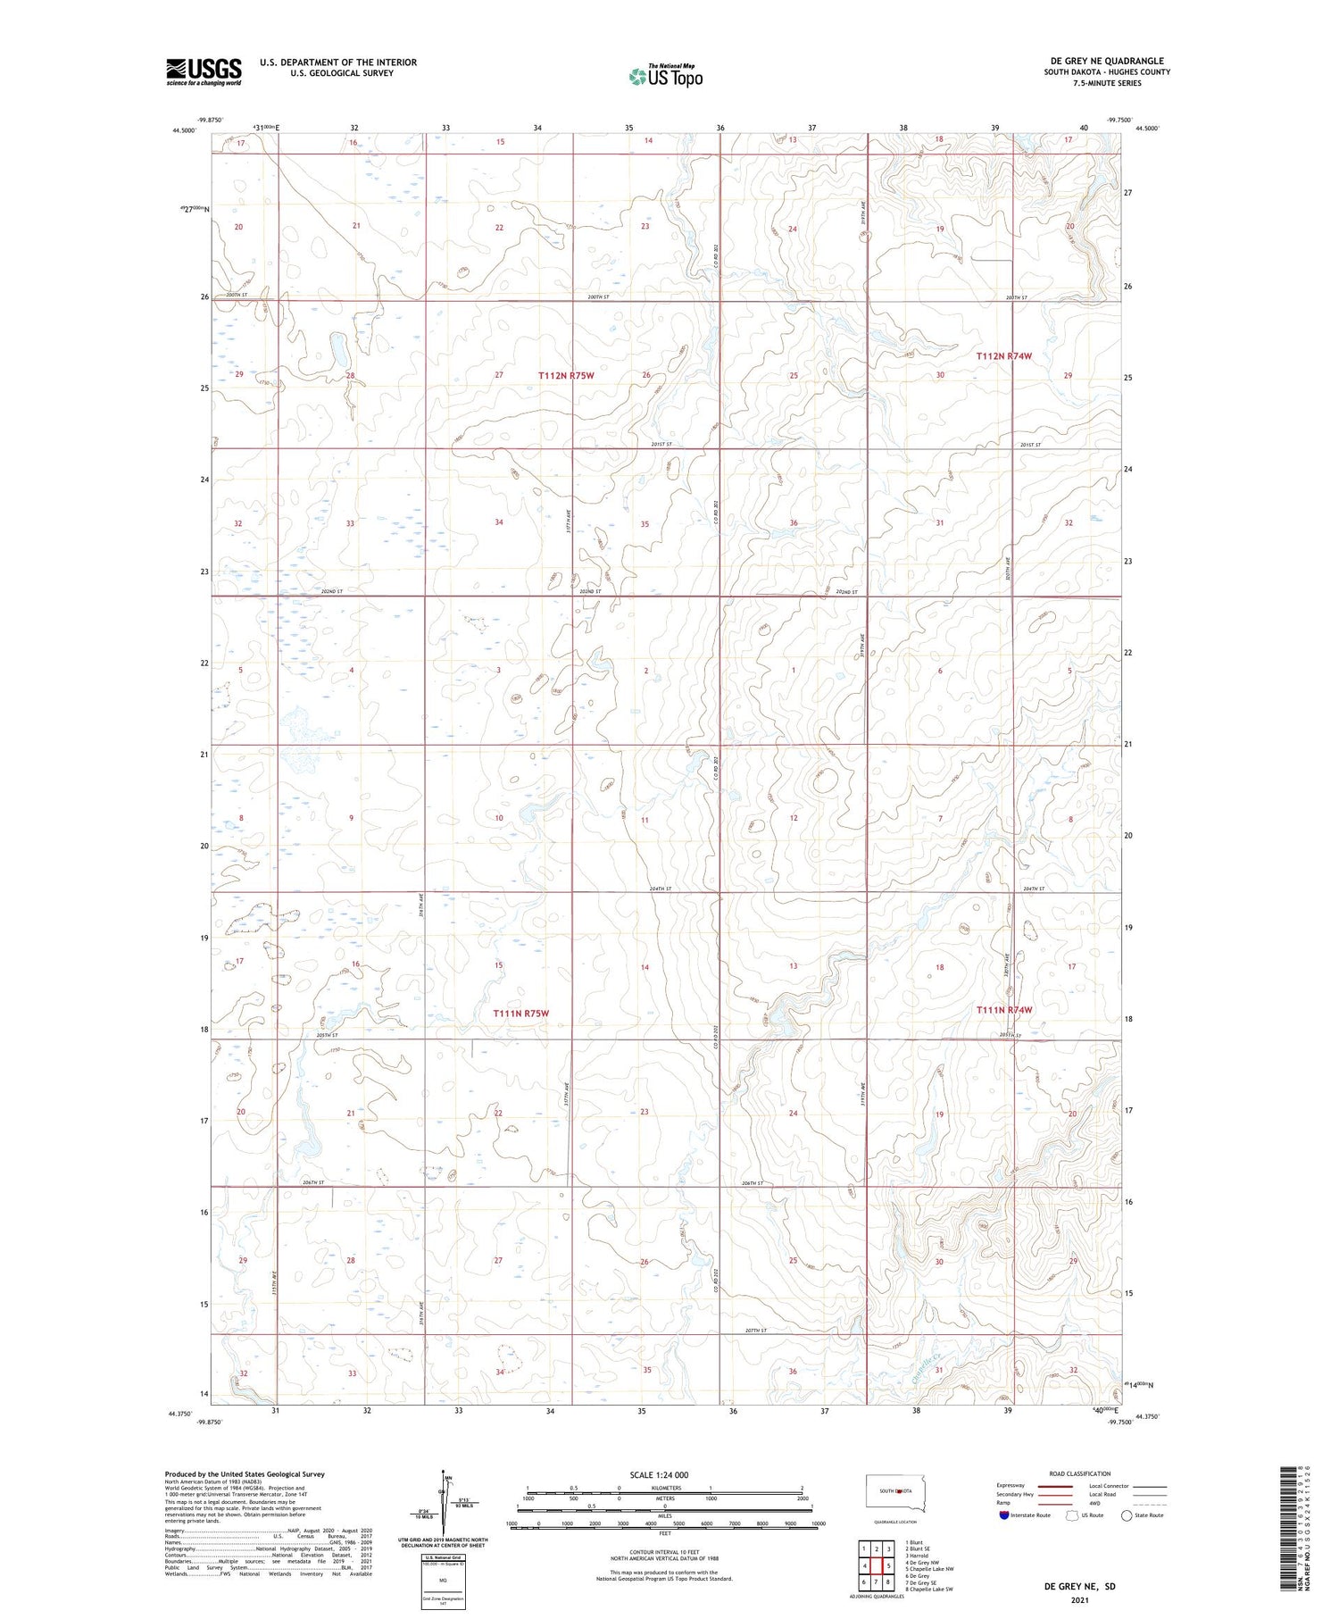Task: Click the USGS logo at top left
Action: pos(204,71)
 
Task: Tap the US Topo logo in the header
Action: pos(665,77)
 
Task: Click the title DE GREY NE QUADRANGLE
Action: pos(1107,61)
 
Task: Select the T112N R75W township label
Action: pos(566,376)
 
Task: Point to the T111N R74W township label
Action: pos(1003,1010)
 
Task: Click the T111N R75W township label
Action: pos(520,1014)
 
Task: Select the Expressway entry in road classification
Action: pos(1010,1486)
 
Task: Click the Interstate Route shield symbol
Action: pos(1004,1515)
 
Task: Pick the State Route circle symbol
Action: pos(1127,1515)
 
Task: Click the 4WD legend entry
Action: pos(1097,1503)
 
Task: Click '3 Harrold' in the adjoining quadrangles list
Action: pos(919,1556)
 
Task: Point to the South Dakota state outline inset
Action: pos(895,1493)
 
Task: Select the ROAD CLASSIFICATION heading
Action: pos(1080,1473)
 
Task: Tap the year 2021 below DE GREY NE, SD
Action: pos(1080,1600)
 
